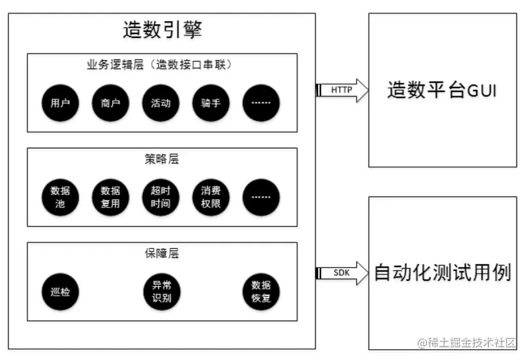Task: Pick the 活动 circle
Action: (x=160, y=103)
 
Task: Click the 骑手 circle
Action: (x=210, y=103)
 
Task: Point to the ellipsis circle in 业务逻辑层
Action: (x=261, y=103)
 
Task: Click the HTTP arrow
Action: (x=341, y=90)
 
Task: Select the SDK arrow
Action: (x=341, y=272)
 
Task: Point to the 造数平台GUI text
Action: (x=442, y=90)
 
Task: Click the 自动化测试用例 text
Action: (x=442, y=272)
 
